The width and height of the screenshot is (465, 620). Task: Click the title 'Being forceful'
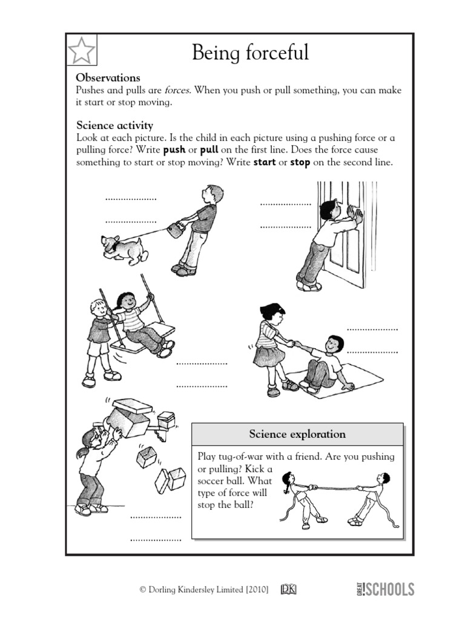[x=250, y=53]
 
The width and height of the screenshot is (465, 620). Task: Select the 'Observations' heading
[x=108, y=77]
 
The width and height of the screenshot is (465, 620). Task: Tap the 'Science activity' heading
[x=114, y=125]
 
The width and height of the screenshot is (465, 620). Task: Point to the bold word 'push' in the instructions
[x=174, y=150]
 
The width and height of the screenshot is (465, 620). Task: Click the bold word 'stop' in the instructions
[x=300, y=162]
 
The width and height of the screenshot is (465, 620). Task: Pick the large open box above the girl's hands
[x=128, y=418]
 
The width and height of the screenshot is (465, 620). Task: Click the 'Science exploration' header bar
[x=297, y=434]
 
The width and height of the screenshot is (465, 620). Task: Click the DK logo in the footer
[x=288, y=589]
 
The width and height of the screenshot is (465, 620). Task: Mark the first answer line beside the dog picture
[x=131, y=199]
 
